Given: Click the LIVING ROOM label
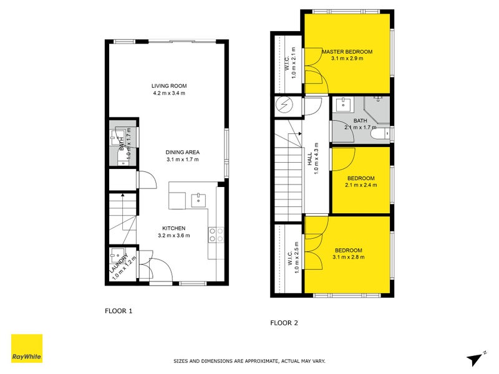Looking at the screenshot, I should click(169, 86).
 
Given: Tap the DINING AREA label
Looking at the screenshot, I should click(182, 152).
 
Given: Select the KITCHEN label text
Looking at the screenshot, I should click(175, 228).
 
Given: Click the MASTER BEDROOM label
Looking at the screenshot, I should click(347, 51).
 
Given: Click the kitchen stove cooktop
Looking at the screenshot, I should click(216, 234).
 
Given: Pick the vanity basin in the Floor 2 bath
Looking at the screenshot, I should click(342, 104).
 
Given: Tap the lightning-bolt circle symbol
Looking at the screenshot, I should click(283, 105).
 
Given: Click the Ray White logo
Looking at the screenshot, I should click(27, 348).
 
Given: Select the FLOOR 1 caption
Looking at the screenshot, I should click(119, 310).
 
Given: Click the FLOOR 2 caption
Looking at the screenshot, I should click(284, 322).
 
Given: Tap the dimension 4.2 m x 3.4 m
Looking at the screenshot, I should click(169, 93).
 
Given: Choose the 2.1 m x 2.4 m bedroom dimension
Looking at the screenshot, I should click(361, 185).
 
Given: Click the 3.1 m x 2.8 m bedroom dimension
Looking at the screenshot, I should click(347, 257).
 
